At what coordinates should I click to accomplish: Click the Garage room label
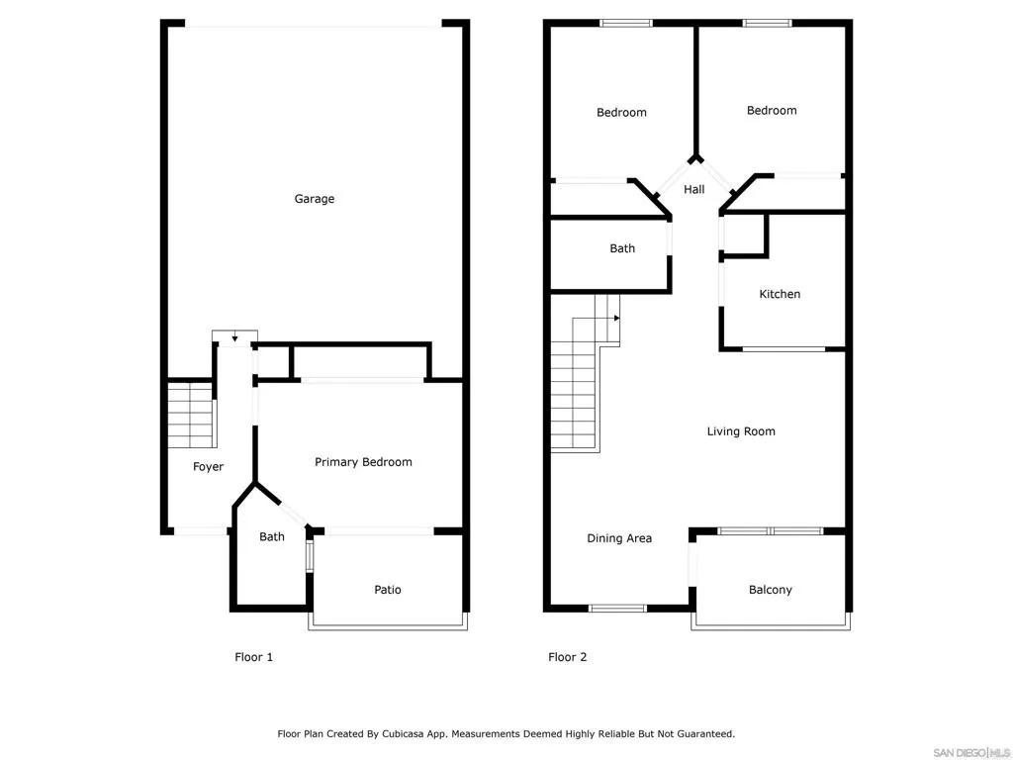pyautogui.click(x=315, y=199)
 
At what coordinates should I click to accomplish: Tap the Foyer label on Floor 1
pyautogui.click(x=208, y=467)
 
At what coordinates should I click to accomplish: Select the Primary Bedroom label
pyautogui.click(x=363, y=462)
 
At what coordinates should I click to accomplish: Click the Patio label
pyautogui.click(x=388, y=590)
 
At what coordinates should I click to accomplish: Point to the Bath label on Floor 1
pyautogui.click(x=272, y=537)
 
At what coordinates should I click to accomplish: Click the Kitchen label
pyautogui.click(x=780, y=294)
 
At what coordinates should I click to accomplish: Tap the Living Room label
pyautogui.click(x=741, y=431)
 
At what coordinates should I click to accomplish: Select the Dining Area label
pyautogui.click(x=619, y=538)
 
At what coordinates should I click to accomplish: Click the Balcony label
pyautogui.click(x=770, y=590)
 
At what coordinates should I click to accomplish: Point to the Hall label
pyautogui.click(x=694, y=189)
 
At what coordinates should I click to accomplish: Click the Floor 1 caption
pyautogui.click(x=253, y=657)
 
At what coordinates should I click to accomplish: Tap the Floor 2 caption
pyautogui.click(x=568, y=657)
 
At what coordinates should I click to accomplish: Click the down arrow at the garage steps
pyautogui.click(x=234, y=338)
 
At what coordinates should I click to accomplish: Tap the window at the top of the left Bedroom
pyautogui.click(x=626, y=23)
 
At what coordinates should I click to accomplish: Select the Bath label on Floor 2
pyautogui.click(x=622, y=248)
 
